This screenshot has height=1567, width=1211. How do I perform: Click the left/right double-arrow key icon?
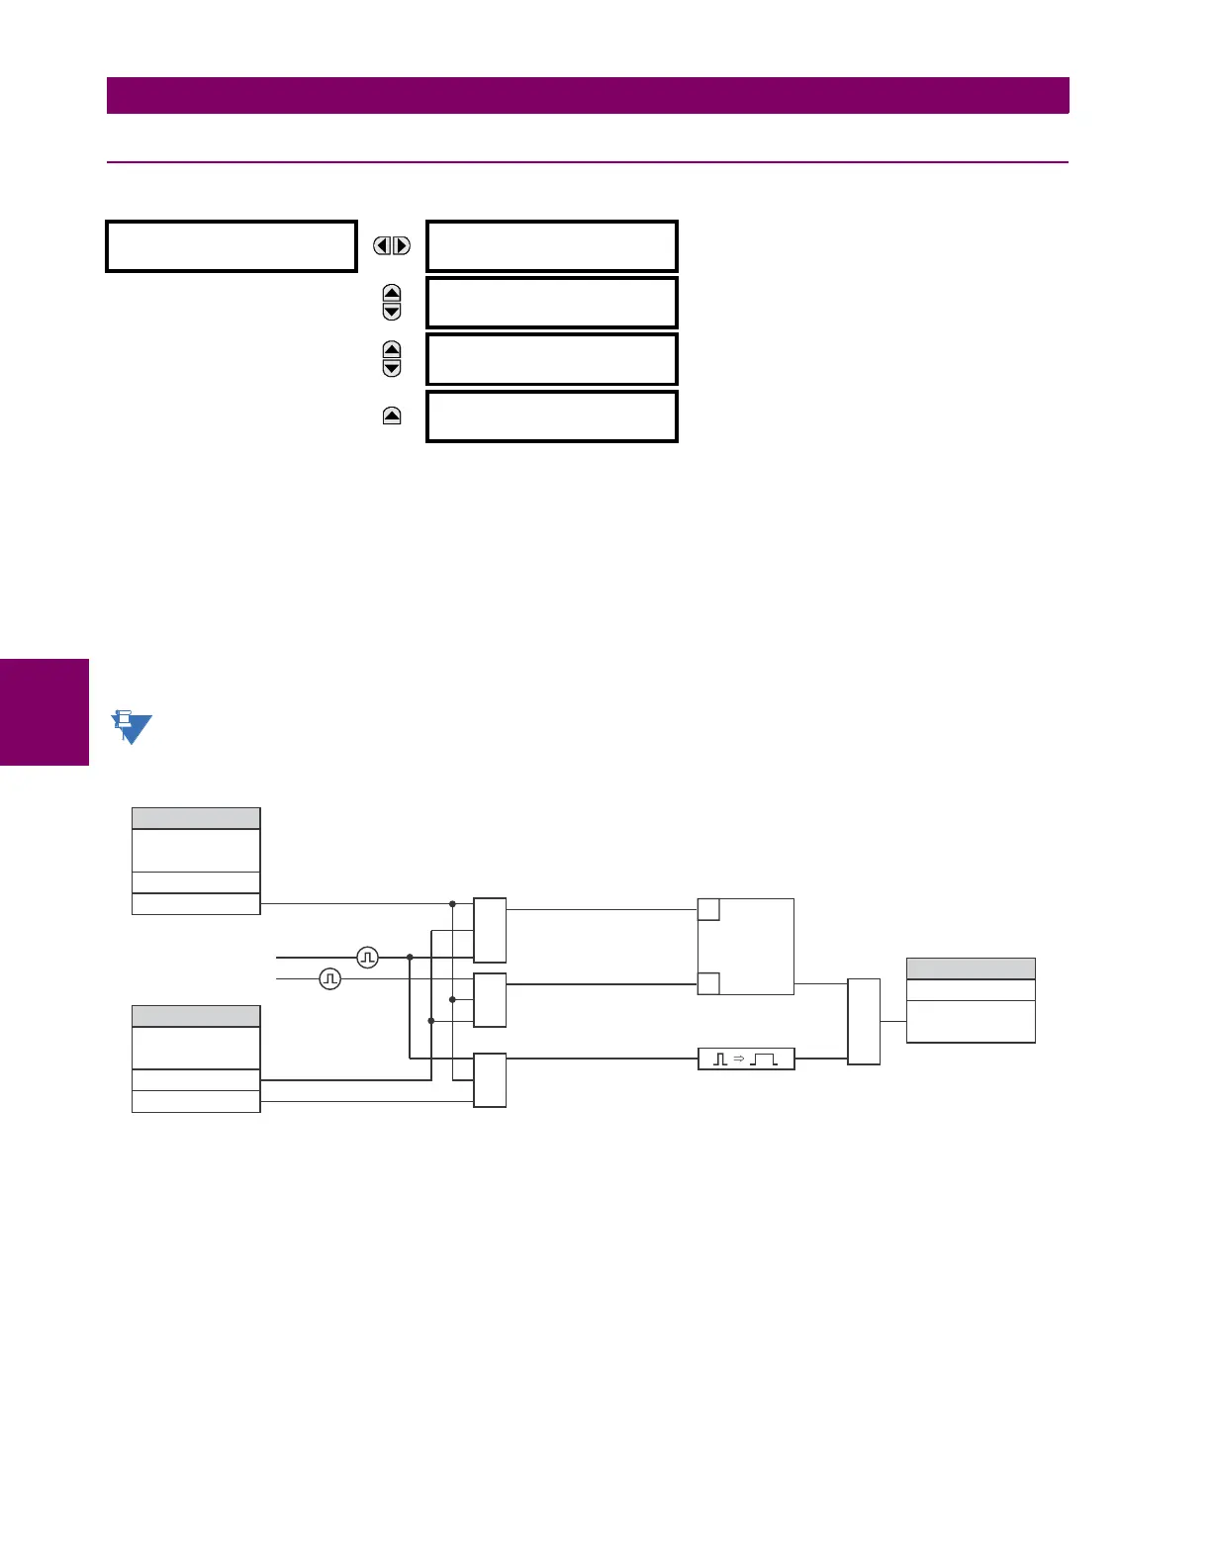392,245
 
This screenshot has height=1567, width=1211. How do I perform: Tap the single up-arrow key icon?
392,416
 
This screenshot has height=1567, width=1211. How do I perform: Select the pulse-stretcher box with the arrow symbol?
746,1060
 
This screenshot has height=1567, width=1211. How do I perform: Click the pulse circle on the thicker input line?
367,957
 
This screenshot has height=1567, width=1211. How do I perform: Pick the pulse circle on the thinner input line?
330,978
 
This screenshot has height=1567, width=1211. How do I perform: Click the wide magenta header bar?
588,95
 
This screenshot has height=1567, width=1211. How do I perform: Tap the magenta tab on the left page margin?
45,712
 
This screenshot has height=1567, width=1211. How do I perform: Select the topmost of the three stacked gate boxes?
490,930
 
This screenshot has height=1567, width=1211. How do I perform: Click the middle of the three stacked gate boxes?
490,1000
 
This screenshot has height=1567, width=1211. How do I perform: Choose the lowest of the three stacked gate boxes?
490,1080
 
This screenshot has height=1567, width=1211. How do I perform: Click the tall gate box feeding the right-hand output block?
864,1022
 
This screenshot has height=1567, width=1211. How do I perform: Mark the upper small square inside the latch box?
708,910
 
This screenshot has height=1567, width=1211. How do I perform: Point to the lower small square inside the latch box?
708,983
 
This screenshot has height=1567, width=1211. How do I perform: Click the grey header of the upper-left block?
196,818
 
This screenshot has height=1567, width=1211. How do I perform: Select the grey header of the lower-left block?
196,1016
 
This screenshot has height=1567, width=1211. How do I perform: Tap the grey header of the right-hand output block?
971,968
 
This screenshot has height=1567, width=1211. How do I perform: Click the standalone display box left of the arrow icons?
231,246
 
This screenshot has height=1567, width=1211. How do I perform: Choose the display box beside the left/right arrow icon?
551,246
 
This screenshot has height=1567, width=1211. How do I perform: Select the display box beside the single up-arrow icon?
551,416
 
